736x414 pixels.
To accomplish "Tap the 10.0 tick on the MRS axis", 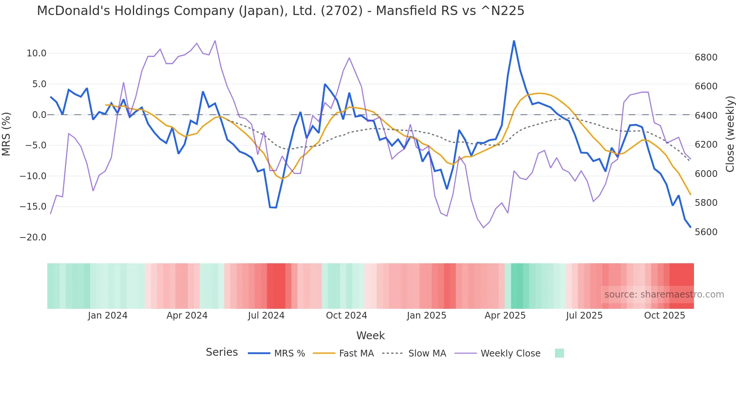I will [x=36, y=53].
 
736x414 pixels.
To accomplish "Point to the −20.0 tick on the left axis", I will [x=33, y=237].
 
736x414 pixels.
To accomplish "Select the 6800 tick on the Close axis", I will [x=706, y=57].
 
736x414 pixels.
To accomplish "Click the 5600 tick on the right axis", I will [x=706, y=232].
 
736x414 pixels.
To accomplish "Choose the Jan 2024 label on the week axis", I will [x=108, y=316].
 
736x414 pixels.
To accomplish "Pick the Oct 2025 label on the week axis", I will [x=664, y=316].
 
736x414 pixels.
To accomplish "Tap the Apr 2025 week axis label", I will [x=505, y=316].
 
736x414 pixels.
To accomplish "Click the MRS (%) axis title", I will [x=6, y=134].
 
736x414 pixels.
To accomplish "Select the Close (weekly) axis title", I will [x=730, y=134].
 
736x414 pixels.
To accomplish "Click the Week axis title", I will [x=370, y=335].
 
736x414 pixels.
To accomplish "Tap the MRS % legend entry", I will [x=289, y=354].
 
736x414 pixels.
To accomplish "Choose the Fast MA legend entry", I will [x=356, y=354].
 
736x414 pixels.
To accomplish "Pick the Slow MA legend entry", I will [x=427, y=354].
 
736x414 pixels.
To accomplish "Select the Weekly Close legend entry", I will [x=510, y=354].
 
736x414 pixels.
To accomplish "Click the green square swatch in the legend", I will [x=559, y=353].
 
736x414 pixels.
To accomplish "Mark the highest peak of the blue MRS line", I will [x=514, y=41].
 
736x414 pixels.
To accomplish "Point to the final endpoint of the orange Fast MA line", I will [x=691, y=195].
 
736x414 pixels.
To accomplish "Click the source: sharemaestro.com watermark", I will [x=664, y=295].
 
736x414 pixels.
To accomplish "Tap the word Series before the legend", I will [x=222, y=352].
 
